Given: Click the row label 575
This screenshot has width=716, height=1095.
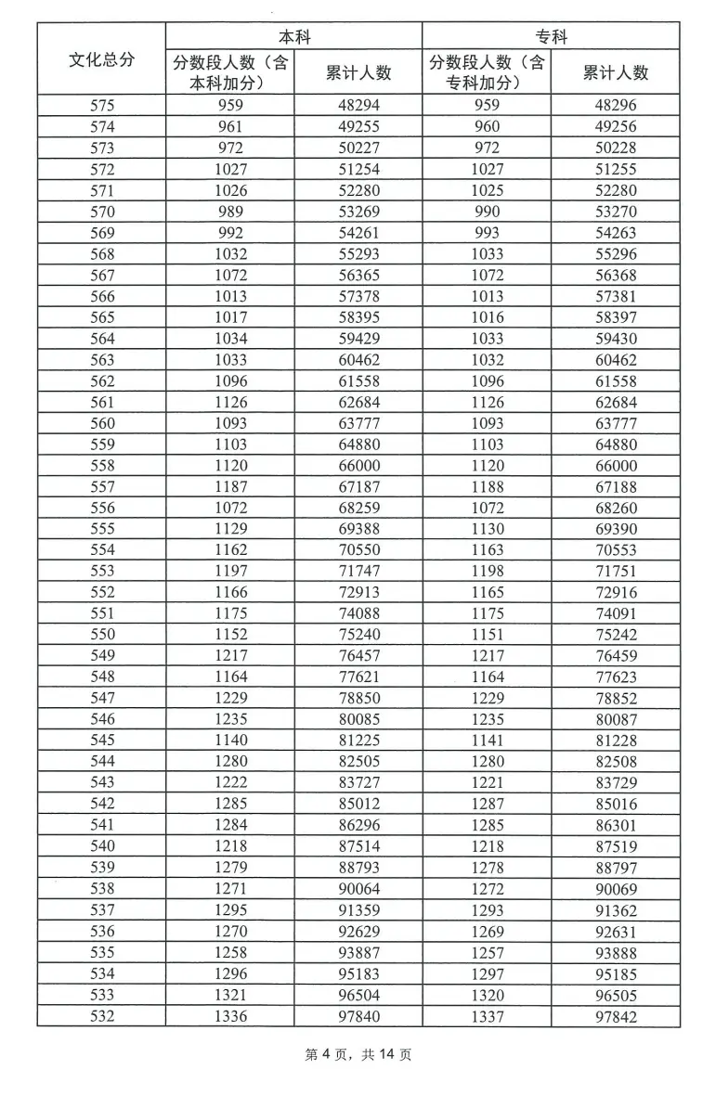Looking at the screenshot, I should click(102, 106).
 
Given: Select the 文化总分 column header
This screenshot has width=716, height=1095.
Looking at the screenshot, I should click(102, 60).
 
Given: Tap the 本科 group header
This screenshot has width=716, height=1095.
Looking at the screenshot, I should click(294, 37).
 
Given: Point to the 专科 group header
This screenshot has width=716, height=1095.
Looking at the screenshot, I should click(551, 37).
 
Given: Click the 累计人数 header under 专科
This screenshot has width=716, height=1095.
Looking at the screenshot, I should click(615, 72).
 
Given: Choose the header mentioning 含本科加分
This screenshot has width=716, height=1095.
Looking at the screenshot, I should click(230, 72).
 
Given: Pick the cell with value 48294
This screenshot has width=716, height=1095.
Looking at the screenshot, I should click(358, 106).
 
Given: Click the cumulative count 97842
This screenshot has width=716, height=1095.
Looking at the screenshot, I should click(615, 1016).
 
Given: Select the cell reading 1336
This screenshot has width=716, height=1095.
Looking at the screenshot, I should click(230, 1016).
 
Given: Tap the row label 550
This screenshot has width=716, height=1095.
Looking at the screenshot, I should click(102, 635).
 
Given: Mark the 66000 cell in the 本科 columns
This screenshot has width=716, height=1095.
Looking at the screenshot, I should click(358, 466).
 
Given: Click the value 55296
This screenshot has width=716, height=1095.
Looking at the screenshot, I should click(615, 254).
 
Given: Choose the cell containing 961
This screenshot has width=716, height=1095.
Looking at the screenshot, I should click(230, 127).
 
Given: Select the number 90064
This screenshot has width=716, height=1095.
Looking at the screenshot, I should click(358, 889).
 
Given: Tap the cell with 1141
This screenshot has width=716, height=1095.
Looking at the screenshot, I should click(487, 741).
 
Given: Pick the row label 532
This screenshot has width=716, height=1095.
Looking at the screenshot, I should click(102, 1016).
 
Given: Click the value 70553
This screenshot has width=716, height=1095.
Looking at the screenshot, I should click(615, 550).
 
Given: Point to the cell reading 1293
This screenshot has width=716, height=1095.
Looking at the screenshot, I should click(487, 910).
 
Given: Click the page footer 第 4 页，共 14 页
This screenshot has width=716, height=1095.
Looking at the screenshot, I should click(358, 1055).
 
